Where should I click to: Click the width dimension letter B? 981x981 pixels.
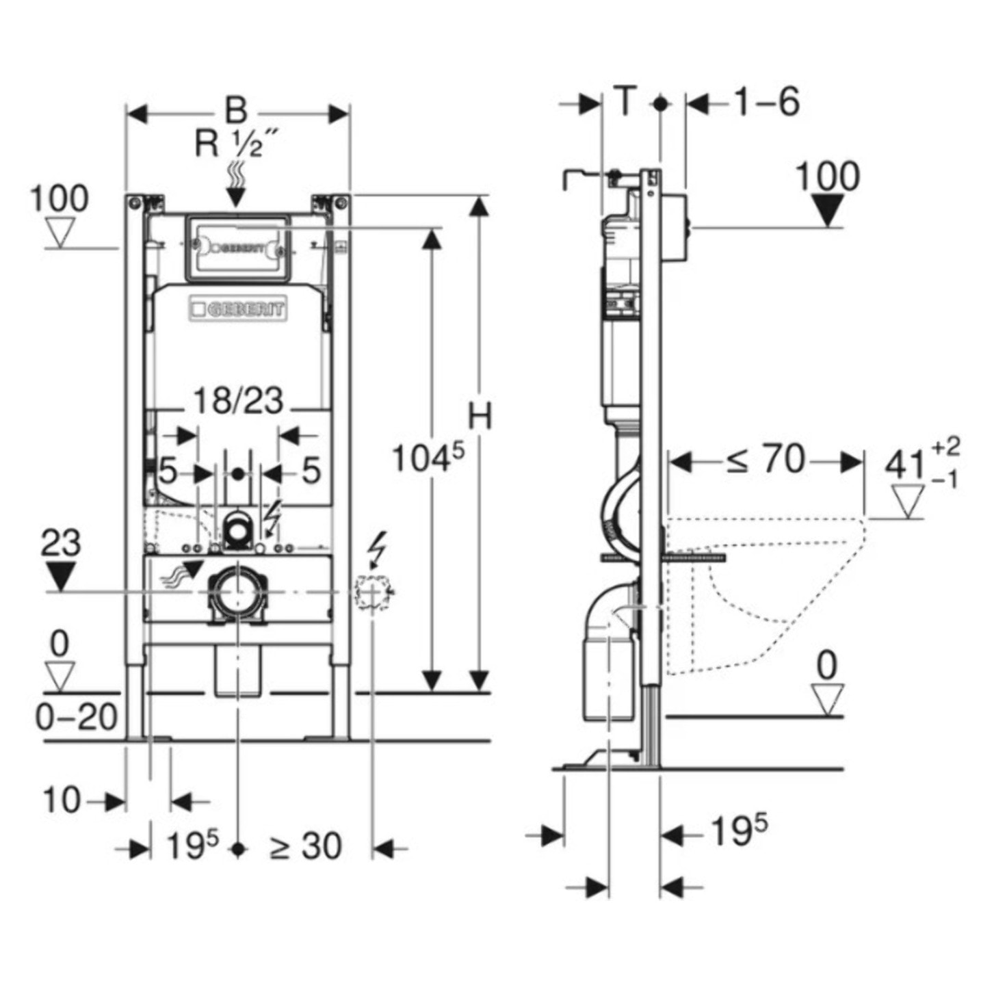tap(236, 111)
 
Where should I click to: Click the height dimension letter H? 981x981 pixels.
tap(480, 416)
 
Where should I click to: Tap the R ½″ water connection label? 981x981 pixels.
tap(237, 144)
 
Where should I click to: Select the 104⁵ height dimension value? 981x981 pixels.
tap(427, 457)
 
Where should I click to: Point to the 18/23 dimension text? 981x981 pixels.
tap(237, 401)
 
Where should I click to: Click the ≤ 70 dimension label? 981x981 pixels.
tap(765, 460)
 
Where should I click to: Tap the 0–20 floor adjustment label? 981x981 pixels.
tap(77, 717)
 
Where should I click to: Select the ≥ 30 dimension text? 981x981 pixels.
tap(305, 846)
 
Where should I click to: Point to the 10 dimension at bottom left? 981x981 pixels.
tap(62, 799)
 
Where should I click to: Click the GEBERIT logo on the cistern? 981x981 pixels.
tap(239, 310)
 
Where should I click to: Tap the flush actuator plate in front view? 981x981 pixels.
tap(237, 248)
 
